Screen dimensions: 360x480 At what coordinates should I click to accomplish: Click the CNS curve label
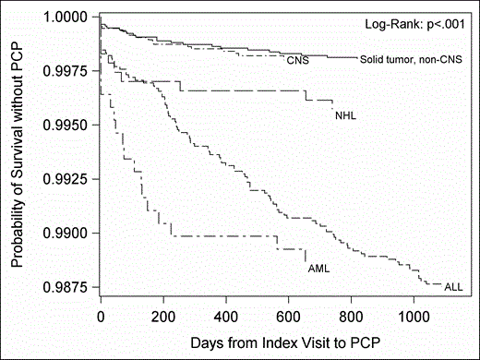coord(296,62)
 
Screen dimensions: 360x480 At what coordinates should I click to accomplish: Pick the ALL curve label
coord(453,288)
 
